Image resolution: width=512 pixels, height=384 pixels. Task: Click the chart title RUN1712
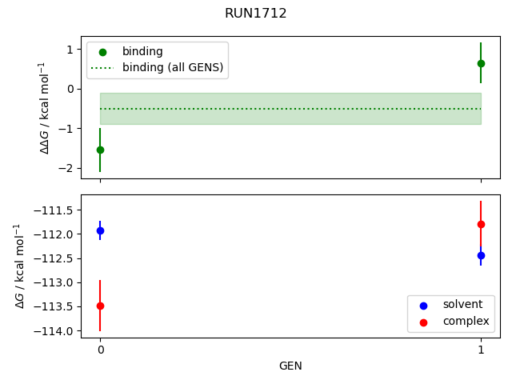click(x=255, y=14)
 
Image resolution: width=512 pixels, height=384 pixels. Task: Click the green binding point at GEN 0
click(x=100, y=150)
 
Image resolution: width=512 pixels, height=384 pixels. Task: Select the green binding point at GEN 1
click(x=481, y=63)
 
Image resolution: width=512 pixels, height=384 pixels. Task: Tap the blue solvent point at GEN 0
click(x=100, y=230)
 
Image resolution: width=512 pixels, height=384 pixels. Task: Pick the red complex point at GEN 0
click(x=100, y=306)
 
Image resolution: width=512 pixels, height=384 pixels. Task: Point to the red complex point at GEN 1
click(x=481, y=224)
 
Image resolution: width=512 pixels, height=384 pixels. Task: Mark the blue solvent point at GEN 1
click(x=481, y=255)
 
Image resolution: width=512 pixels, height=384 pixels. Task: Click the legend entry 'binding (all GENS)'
click(x=172, y=67)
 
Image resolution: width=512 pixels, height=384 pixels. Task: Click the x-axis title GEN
click(x=290, y=366)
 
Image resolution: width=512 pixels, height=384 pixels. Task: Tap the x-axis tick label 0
click(x=100, y=350)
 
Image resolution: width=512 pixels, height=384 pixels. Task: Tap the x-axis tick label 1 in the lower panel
click(x=481, y=350)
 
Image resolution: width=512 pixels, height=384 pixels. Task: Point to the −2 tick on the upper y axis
click(x=68, y=168)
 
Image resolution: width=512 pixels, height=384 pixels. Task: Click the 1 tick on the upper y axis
click(x=70, y=50)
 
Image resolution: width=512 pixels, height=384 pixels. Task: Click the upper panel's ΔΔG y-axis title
click(x=44, y=107)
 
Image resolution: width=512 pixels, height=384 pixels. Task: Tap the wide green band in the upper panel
click(x=290, y=109)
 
